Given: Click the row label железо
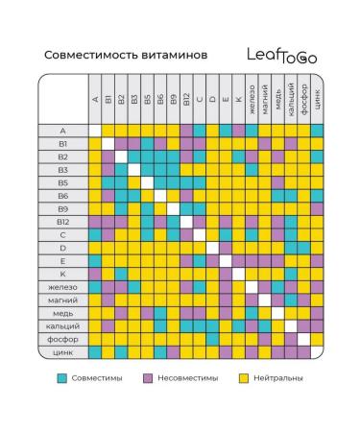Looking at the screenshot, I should pyautogui.click(x=62, y=286).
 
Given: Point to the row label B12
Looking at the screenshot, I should pyautogui.click(x=62, y=221).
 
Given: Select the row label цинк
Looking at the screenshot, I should pyautogui.click(x=62, y=351).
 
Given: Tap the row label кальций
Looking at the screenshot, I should pyautogui.click(x=62, y=325).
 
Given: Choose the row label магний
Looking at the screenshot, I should pyautogui.click(x=62, y=300).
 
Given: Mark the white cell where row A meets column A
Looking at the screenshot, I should pyautogui.click(x=95, y=130).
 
